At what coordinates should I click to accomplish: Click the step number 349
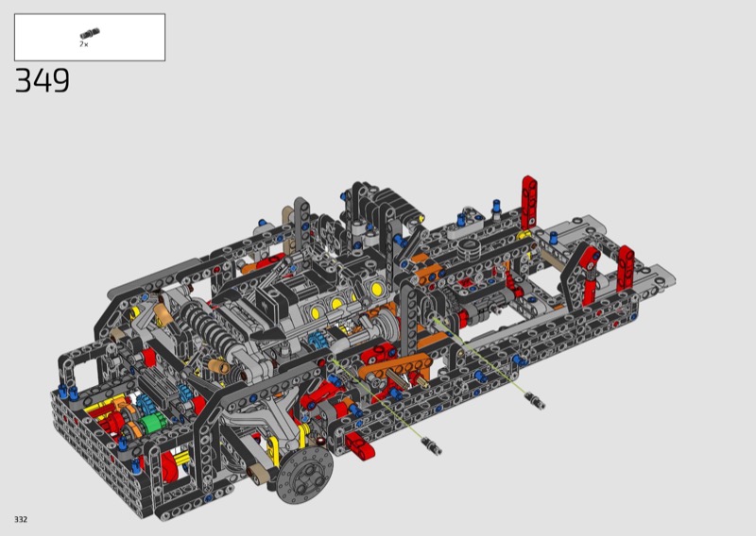pyautogui.click(x=43, y=80)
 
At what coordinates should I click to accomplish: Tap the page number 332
pyautogui.click(x=21, y=519)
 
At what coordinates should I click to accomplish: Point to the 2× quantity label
pyautogui.click(x=84, y=44)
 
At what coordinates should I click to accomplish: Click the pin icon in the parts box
pyautogui.click(x=90, y=33)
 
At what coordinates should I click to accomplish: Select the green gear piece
pyautogui.click(x=153, y=424)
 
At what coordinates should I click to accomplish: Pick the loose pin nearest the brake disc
pyautogui.click(x=431, y=445)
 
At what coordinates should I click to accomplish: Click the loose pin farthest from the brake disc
pyautogui.click(x=535, y=401)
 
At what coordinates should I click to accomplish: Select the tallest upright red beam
pyautogui.click(x=529, y=202)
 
